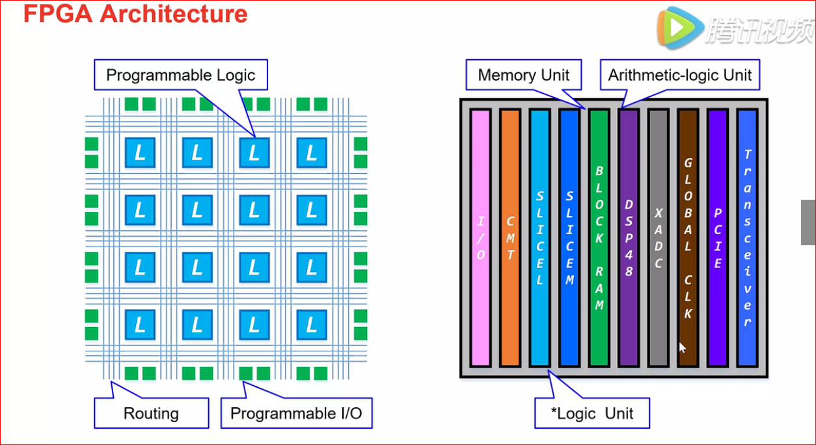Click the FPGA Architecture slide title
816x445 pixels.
(135, 14)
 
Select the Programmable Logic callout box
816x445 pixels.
(181, 75)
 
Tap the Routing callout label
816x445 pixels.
(151, 413)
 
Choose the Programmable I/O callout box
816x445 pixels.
(296, 413)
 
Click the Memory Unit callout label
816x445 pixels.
(523, 75)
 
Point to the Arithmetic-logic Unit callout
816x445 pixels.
(680, 75)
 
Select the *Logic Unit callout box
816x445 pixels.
(592, 413)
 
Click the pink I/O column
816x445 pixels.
(480, 238)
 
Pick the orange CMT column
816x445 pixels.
(510, 238)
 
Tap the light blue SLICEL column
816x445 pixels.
(540, 238)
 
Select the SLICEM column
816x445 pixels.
(569, 238)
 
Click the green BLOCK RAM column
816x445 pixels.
(599, 238)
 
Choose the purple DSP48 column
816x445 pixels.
(629, 238)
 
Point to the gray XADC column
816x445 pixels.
(659, 238)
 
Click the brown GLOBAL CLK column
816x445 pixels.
(688, 238)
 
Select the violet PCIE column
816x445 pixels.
(718, 238)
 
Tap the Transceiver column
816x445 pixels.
(747, 238)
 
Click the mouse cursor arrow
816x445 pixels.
(683, 348)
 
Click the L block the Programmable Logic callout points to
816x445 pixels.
(254, 153)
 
